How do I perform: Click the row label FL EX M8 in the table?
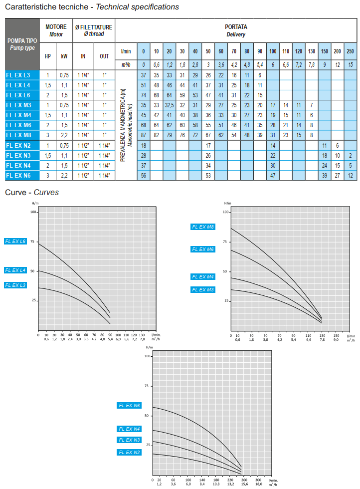pos(19,135)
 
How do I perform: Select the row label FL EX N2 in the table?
pos(18,145)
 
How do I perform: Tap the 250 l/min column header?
pos(350,51)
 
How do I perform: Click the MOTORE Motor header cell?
pos(56,30)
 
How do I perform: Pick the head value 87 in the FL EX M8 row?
pos(143,135)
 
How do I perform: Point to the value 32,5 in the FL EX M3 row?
pos(169,105)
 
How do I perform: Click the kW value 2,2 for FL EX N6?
pos(64,175)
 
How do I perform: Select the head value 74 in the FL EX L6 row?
pos(143,95)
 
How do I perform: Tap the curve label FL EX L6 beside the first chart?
pos(15,241)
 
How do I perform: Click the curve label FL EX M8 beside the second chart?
pos(203,227)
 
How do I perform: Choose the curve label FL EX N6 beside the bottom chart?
pos(129,406)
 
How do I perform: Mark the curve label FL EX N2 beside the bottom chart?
pos(129,452)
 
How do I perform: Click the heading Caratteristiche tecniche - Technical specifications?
pos(92,7)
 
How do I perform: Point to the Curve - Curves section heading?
pos(32,192)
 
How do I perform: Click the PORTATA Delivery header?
pos(236,30)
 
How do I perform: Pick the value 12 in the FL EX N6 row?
pos(350,175)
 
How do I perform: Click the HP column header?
pos(48,56)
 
